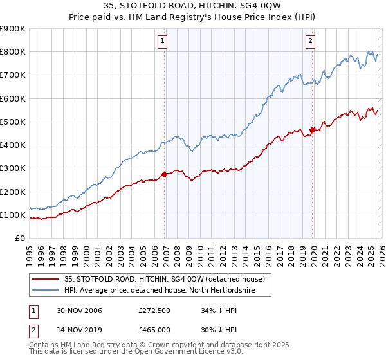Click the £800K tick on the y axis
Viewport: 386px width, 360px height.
tap(13, 52)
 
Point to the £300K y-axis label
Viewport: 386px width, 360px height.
tap(13, 168)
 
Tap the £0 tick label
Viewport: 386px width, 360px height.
tap(19, 239)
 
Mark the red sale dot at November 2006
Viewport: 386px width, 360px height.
tap(165, 174)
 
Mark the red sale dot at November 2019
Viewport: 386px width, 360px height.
tap(312, 130)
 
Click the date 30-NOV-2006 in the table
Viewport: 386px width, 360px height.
tap(79, 310)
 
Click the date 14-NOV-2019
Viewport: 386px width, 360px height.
tap(79, 329)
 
